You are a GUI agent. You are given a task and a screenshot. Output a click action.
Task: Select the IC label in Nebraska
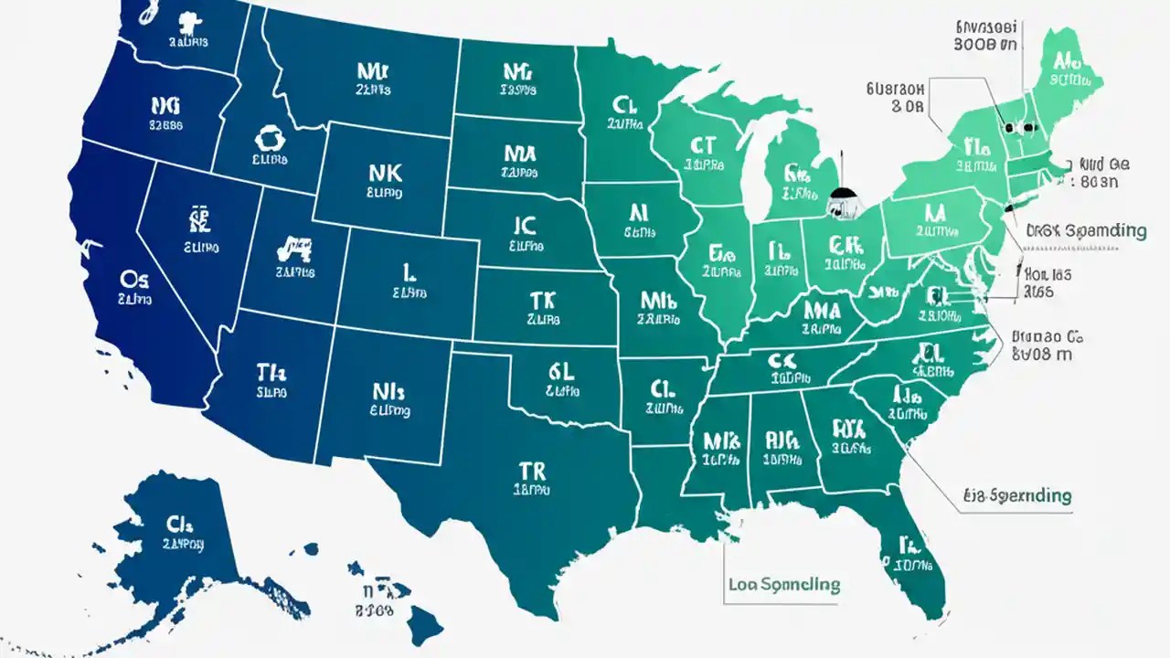point(525,225)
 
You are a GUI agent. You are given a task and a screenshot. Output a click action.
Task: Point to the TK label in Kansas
point(542,300)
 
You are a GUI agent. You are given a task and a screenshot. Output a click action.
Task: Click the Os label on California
point(135,277)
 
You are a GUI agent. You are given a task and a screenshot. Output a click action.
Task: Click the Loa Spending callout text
point(784,583)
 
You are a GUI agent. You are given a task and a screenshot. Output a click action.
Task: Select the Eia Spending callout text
point(1016,496)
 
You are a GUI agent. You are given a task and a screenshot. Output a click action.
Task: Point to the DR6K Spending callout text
point(1085,230)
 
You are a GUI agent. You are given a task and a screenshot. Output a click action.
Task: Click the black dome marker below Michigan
point(842,197)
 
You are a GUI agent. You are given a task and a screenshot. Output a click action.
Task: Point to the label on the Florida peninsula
point(908,547)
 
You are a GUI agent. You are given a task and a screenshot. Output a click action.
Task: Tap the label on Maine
point(1064,61)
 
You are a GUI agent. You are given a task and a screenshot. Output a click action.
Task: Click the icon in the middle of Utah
point(293,246)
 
